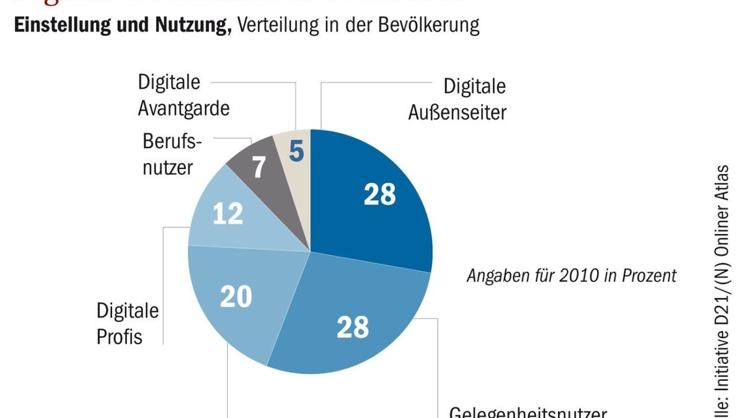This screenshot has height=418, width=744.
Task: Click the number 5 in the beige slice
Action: pos(296,150)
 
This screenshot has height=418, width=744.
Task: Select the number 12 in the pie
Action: pos(228,214)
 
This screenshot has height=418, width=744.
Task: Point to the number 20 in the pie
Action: pos(236,297)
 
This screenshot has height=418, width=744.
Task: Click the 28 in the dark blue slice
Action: pos(379,194)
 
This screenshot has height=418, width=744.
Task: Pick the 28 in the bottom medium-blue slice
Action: pos(353,328)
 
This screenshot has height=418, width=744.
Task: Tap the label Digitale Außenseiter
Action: pos(457,99)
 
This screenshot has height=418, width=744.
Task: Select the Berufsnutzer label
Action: pos(172,154)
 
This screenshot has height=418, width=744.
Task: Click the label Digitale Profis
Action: pos(128,323)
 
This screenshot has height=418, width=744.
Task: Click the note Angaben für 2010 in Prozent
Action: pos(571,276)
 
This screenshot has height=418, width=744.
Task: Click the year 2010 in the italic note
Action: pos(578,276)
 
